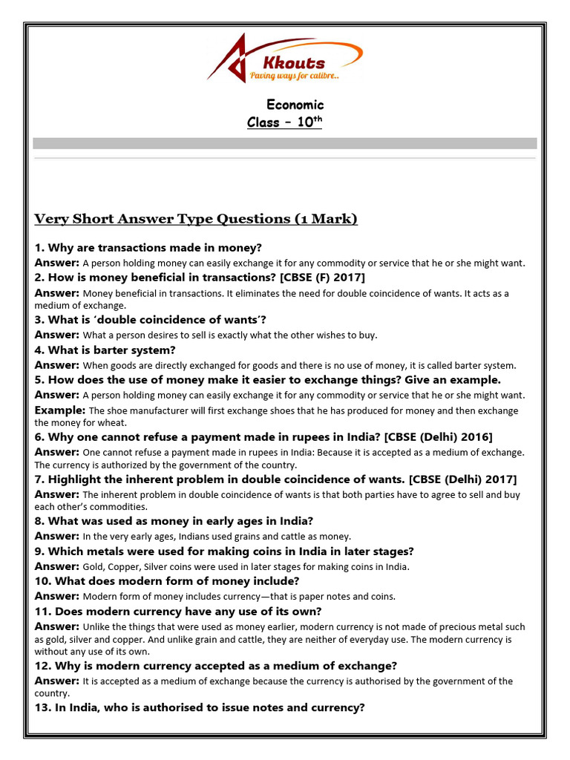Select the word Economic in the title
pyautogui.click(x=295, y=105)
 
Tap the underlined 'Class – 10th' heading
pyautogui.click(x=285, y=122)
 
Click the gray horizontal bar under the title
pyautogui.click(x=285, y=143)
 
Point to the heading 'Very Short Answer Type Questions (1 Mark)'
pyautogui.click(x=196, y=219)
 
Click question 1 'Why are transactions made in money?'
pyautogui.click(x=148, y=248)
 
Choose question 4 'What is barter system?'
pyautogui.click(x=105, y=350)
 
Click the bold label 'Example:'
pyautogui.click(x=60, y=410)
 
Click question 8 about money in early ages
pyautogui.click(x=174, y=521)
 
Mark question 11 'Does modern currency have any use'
pyautogui.click(x=178, y=611)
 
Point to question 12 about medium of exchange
pyautogui.click(x=216, y=666)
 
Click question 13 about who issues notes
pyautogui.click(x=200, y=707)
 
